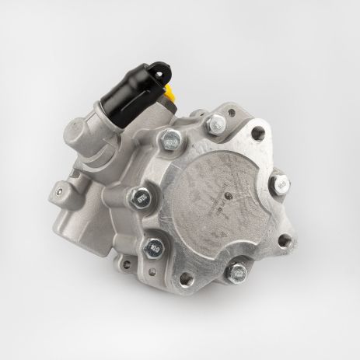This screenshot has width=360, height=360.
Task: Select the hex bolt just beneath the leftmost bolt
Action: coord(150,250)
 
